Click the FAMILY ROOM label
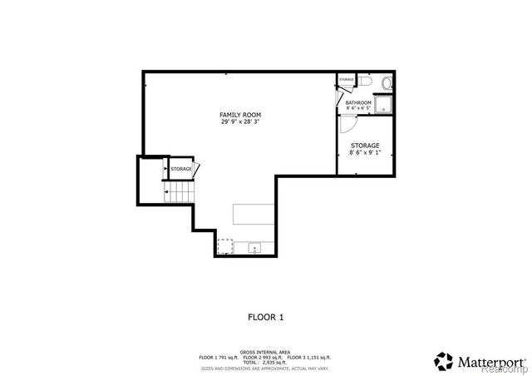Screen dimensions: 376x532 (x=240, y=114)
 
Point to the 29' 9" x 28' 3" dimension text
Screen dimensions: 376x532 (x=240, y=122)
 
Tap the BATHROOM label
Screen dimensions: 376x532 (x=359, y=102)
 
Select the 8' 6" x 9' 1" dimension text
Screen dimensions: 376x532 (x=365, y=152)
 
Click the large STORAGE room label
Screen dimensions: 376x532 (x=365, y=145)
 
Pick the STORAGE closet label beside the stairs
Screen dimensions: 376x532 (x=181, y=169)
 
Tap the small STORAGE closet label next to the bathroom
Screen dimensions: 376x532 (x=346, y=80)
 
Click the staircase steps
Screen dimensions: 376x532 (x=179, y=195)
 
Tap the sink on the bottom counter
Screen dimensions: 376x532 (x=254, y=247)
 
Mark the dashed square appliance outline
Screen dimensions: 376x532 (x=224, y=246)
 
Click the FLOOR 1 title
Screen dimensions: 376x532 (x=266, y=317)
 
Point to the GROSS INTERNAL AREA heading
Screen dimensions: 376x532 (x=265, y=352)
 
